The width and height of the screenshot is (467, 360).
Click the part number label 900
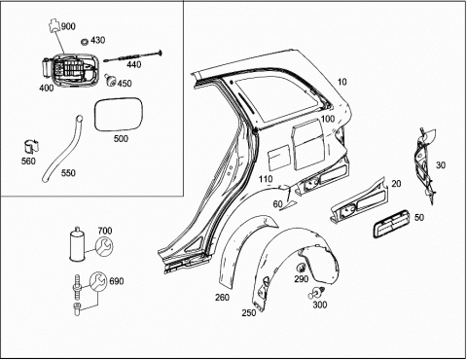68,26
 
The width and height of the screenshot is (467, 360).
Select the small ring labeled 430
85,42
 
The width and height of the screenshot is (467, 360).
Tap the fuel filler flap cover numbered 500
119,114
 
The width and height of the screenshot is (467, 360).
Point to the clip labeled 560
31,147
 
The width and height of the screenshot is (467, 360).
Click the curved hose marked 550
62,149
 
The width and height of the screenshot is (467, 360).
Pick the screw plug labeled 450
110,81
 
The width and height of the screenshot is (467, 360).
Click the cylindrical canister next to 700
78,244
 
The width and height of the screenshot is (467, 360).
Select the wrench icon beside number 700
105,245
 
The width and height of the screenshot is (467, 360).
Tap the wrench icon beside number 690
98,280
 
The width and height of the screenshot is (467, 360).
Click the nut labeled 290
301,268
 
